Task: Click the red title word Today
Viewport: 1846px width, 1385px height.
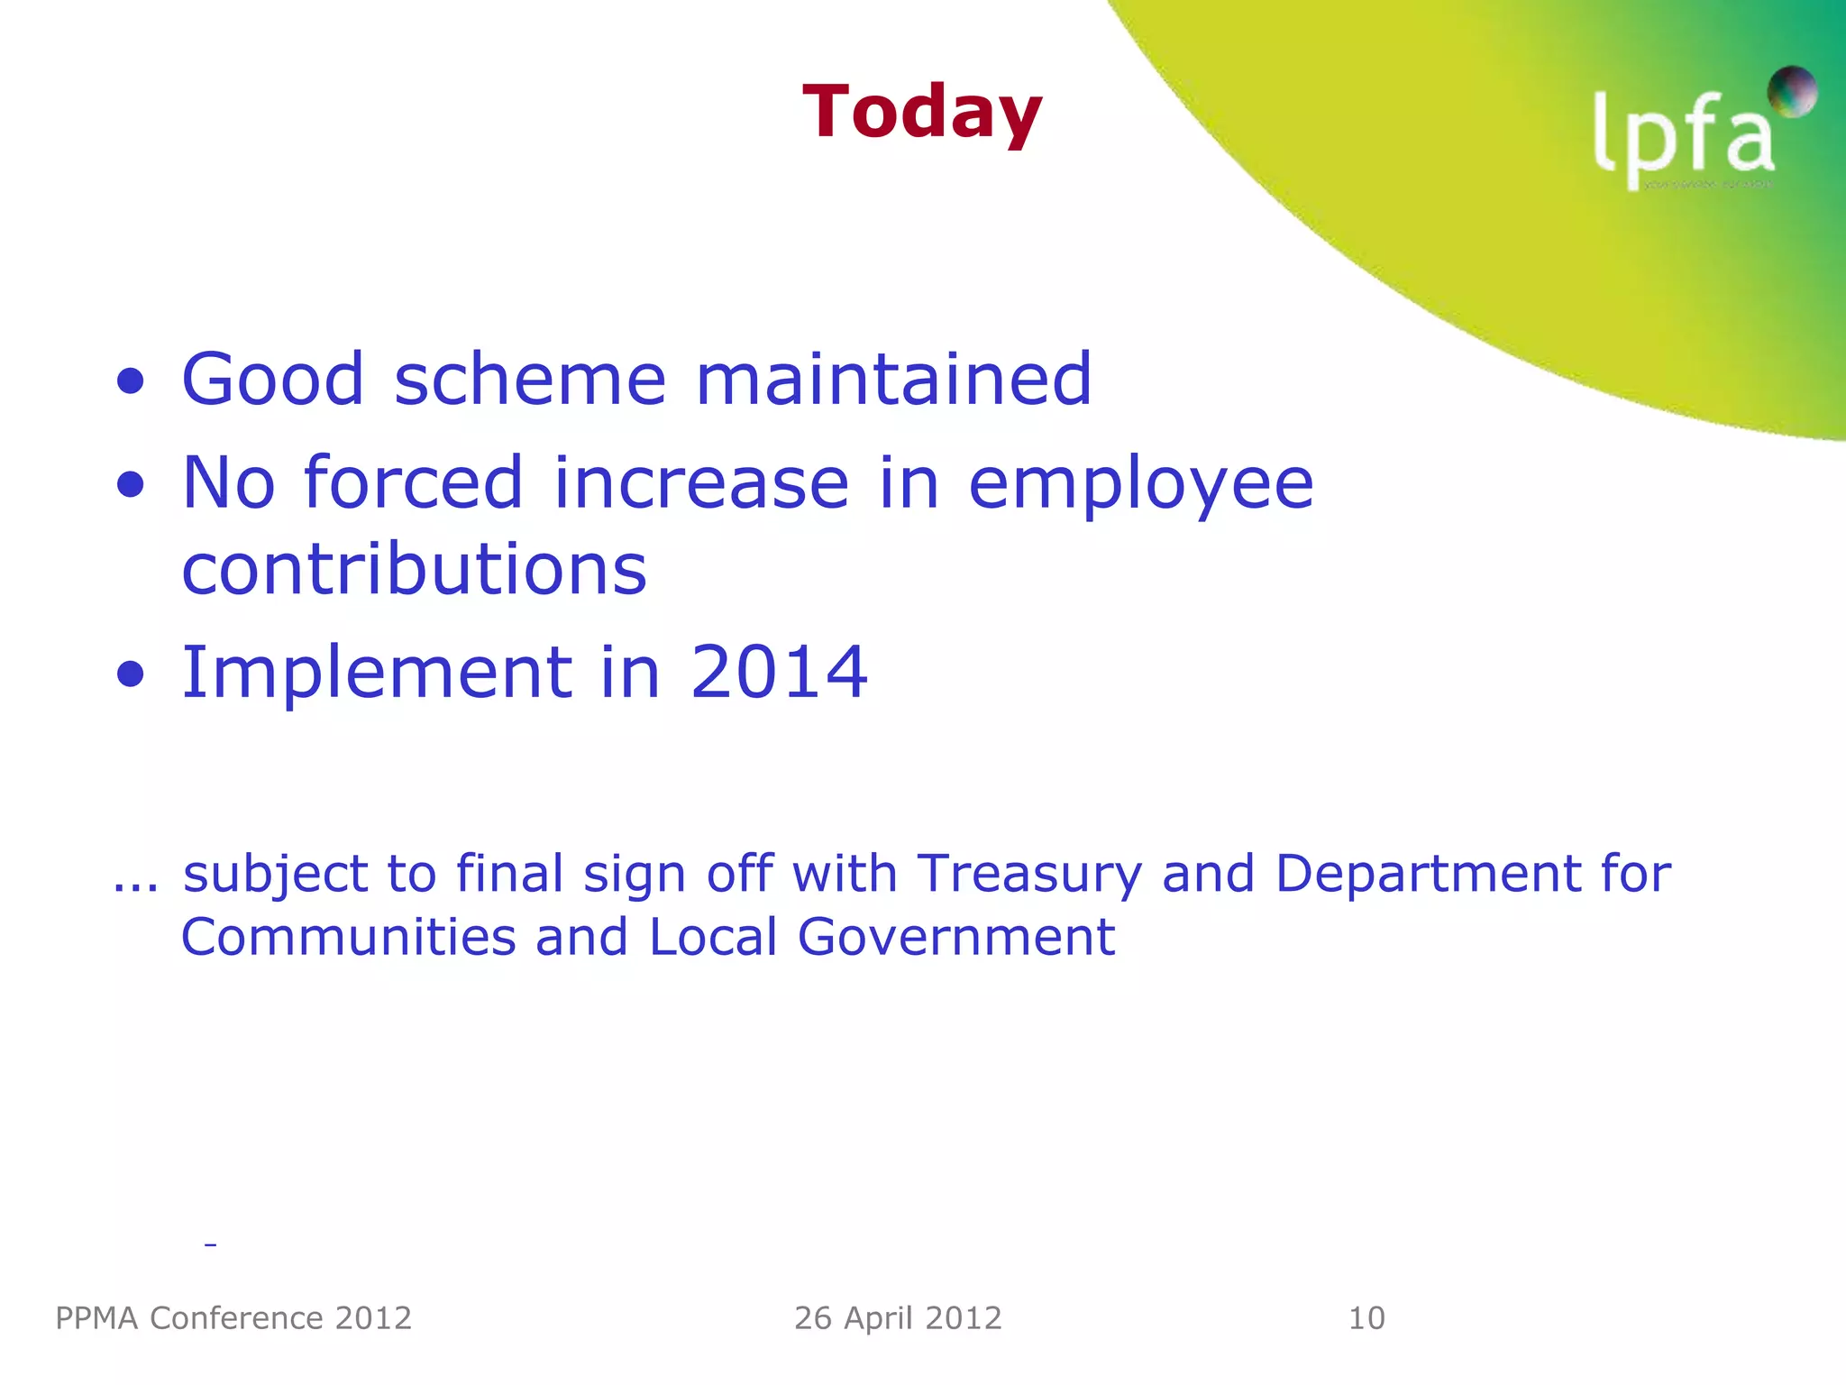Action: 921,113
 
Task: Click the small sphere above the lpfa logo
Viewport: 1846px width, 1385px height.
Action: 1792,91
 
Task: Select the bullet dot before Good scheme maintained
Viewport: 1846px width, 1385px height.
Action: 131,381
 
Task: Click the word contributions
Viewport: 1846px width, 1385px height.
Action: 415,570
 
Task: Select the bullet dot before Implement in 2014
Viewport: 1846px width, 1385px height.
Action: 131,674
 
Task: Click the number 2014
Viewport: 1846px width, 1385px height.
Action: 779,672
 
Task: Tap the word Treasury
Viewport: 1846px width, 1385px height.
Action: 1029,876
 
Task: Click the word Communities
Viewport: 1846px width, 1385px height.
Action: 349,937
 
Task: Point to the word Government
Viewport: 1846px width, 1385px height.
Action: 955,937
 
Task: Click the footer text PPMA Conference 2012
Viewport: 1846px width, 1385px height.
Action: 233,1318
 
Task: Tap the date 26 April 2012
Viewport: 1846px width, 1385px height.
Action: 898,1318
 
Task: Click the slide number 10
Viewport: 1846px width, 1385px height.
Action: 1366,1318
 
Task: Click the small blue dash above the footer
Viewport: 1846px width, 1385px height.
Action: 210,1245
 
